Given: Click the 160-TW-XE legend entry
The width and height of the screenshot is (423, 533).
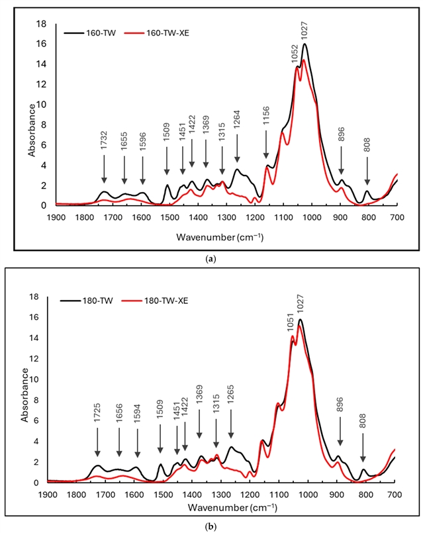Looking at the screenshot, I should click(x=162, y=30).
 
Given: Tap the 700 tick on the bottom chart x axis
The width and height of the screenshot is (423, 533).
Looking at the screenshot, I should click(x=395, y=494).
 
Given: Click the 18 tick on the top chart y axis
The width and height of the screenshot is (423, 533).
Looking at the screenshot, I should click(x=41, y=24).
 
